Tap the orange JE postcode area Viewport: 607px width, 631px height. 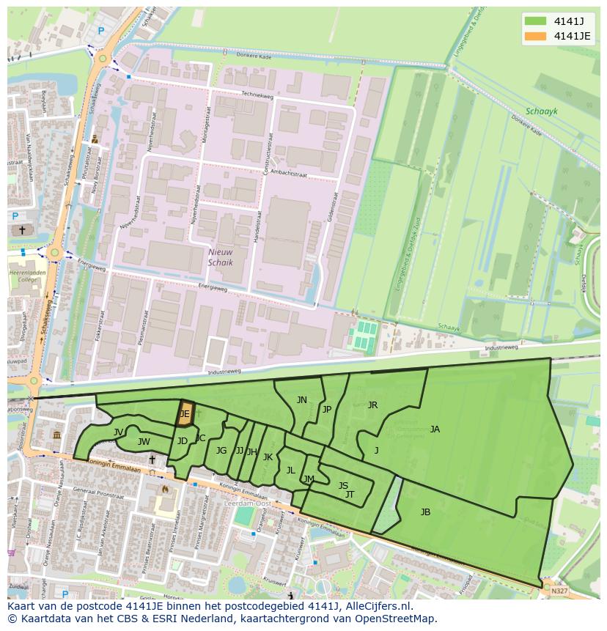[x=185, y=414]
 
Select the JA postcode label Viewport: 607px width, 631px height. [x=435, y=429]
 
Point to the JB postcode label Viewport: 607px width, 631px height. [x=425, y=512]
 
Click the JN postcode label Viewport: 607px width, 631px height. [x=302, y=400]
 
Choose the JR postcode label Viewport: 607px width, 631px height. [x=372, y=405]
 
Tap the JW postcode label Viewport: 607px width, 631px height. [x=144, y=442]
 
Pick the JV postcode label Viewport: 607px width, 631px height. [x=118, y=432]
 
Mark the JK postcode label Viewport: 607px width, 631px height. [x=268, y=457]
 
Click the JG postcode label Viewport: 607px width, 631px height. [x=221, y=451]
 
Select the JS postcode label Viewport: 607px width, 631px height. [x=343, y=485]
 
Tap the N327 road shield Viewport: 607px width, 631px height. [x=559, y=590]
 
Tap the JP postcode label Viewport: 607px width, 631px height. [x=327, y=410]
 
